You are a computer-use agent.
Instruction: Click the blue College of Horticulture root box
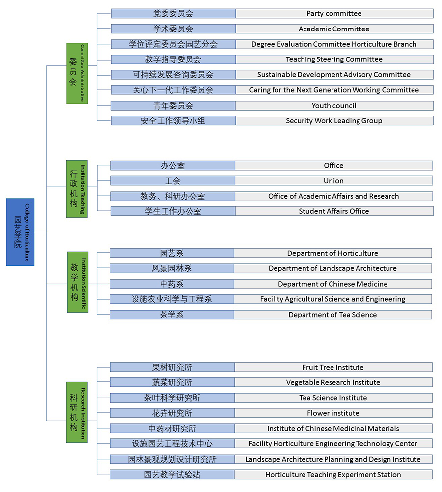(x=20, y=232)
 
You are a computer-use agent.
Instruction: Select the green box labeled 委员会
(x=77, y=73)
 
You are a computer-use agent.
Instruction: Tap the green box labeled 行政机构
(x=77, y=189)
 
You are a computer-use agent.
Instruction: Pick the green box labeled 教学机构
(x=78, y=282)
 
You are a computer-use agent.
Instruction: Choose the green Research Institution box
(x=77, y=412)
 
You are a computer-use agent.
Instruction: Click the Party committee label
(x=334, y=13)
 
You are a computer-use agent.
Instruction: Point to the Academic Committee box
(x=334, y=29)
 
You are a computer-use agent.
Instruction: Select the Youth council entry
(x=334, y=106)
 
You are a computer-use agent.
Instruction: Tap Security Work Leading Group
(x=334, y=121)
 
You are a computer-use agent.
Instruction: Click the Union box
(x=333, y=181)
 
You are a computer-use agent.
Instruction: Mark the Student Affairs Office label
(x=334, y=211)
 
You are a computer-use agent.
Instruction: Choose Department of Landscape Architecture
(x=332, y=269)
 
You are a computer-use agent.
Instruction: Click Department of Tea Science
(x=332, y=315)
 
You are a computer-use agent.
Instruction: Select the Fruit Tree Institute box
(x=333, y=367)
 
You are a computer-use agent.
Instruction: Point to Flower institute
(x=333, y=413)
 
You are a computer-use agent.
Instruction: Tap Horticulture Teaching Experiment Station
(x=333, y=475)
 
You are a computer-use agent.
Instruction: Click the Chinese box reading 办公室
(x=172, y=166)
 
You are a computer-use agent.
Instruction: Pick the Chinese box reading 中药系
(x=171, y=284)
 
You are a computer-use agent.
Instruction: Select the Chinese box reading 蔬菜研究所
(x=172, y=382)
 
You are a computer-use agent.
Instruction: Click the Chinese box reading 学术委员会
(x=173, y=29)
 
